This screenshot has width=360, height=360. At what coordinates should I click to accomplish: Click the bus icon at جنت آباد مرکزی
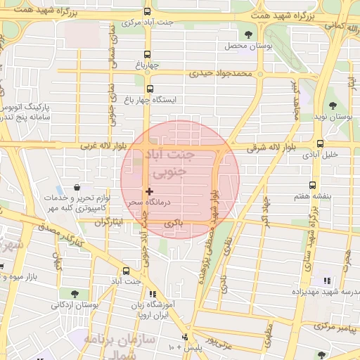pos(147,12)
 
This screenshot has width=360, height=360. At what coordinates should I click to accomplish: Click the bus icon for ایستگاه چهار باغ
pos(150,89)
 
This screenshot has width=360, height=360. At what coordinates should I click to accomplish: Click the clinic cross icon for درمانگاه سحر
pos(148,191)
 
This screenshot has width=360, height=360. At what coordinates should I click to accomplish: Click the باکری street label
pos(173,222)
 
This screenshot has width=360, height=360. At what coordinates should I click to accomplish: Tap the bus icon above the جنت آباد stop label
pos(126,271)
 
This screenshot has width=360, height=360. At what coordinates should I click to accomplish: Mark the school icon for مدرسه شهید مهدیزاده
pos(326,281)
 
